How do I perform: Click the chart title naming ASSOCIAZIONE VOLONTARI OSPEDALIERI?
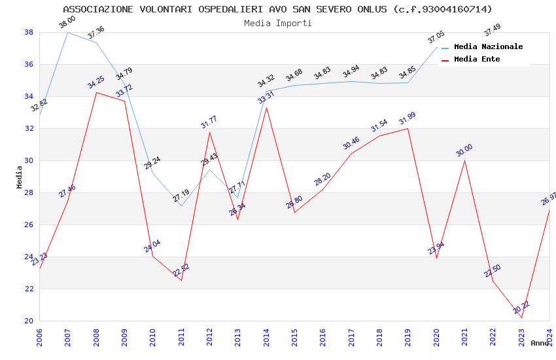coord(277,9)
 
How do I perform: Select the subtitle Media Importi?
coord(277,23)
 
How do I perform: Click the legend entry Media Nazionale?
coord(488,47)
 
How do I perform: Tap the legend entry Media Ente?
coord(477,59)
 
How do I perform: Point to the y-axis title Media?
coord(19,176)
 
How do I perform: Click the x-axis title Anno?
coord(540,343)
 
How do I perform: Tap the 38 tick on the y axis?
coord(29,32)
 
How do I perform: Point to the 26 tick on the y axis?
coord(29,225)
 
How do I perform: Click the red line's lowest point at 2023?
coord(521,317)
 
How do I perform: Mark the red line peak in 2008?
coord(96,92)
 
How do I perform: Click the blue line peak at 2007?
coord(67,32)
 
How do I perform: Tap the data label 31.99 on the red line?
coord(408,118)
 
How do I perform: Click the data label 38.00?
coord(67,23)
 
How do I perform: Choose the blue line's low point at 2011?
coord(181,206)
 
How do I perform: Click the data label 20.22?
coord(521,307)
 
